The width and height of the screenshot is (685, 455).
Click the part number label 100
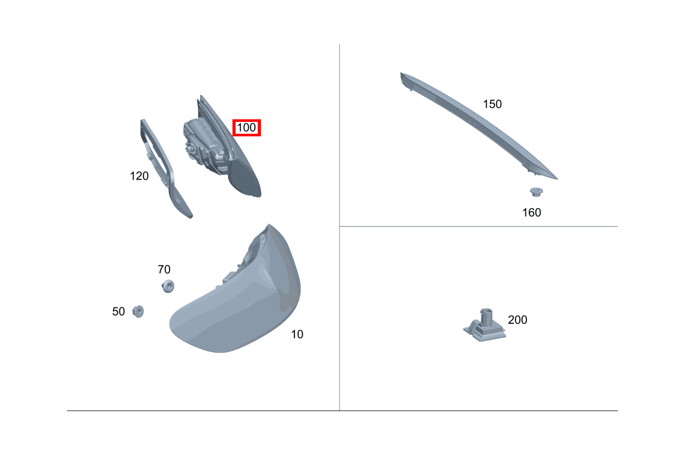tap(246, 128)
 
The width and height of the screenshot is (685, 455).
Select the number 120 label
tap(139, 176)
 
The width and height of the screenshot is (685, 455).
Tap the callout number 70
tap(164, 270)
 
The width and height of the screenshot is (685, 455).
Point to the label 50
tap(118, 311)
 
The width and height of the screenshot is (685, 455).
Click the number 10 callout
tap(297, 334)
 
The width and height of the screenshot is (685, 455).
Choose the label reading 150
tap(492, 104)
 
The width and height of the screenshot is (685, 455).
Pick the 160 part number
tap(532, 212)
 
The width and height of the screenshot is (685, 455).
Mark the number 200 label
tap(518, 320)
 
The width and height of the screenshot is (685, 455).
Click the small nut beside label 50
tap(138, 311)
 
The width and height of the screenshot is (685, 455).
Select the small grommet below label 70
tap(168, 286)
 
